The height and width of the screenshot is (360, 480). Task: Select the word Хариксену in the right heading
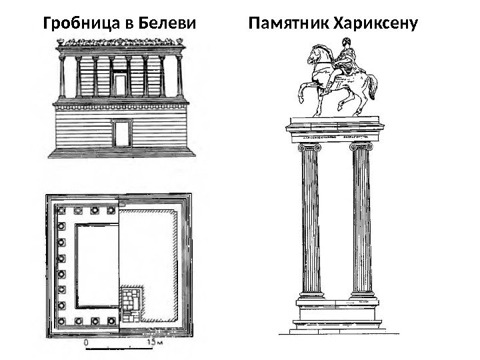click(x=377, y=25)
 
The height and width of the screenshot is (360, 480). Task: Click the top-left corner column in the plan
click(x=62, y=212)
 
